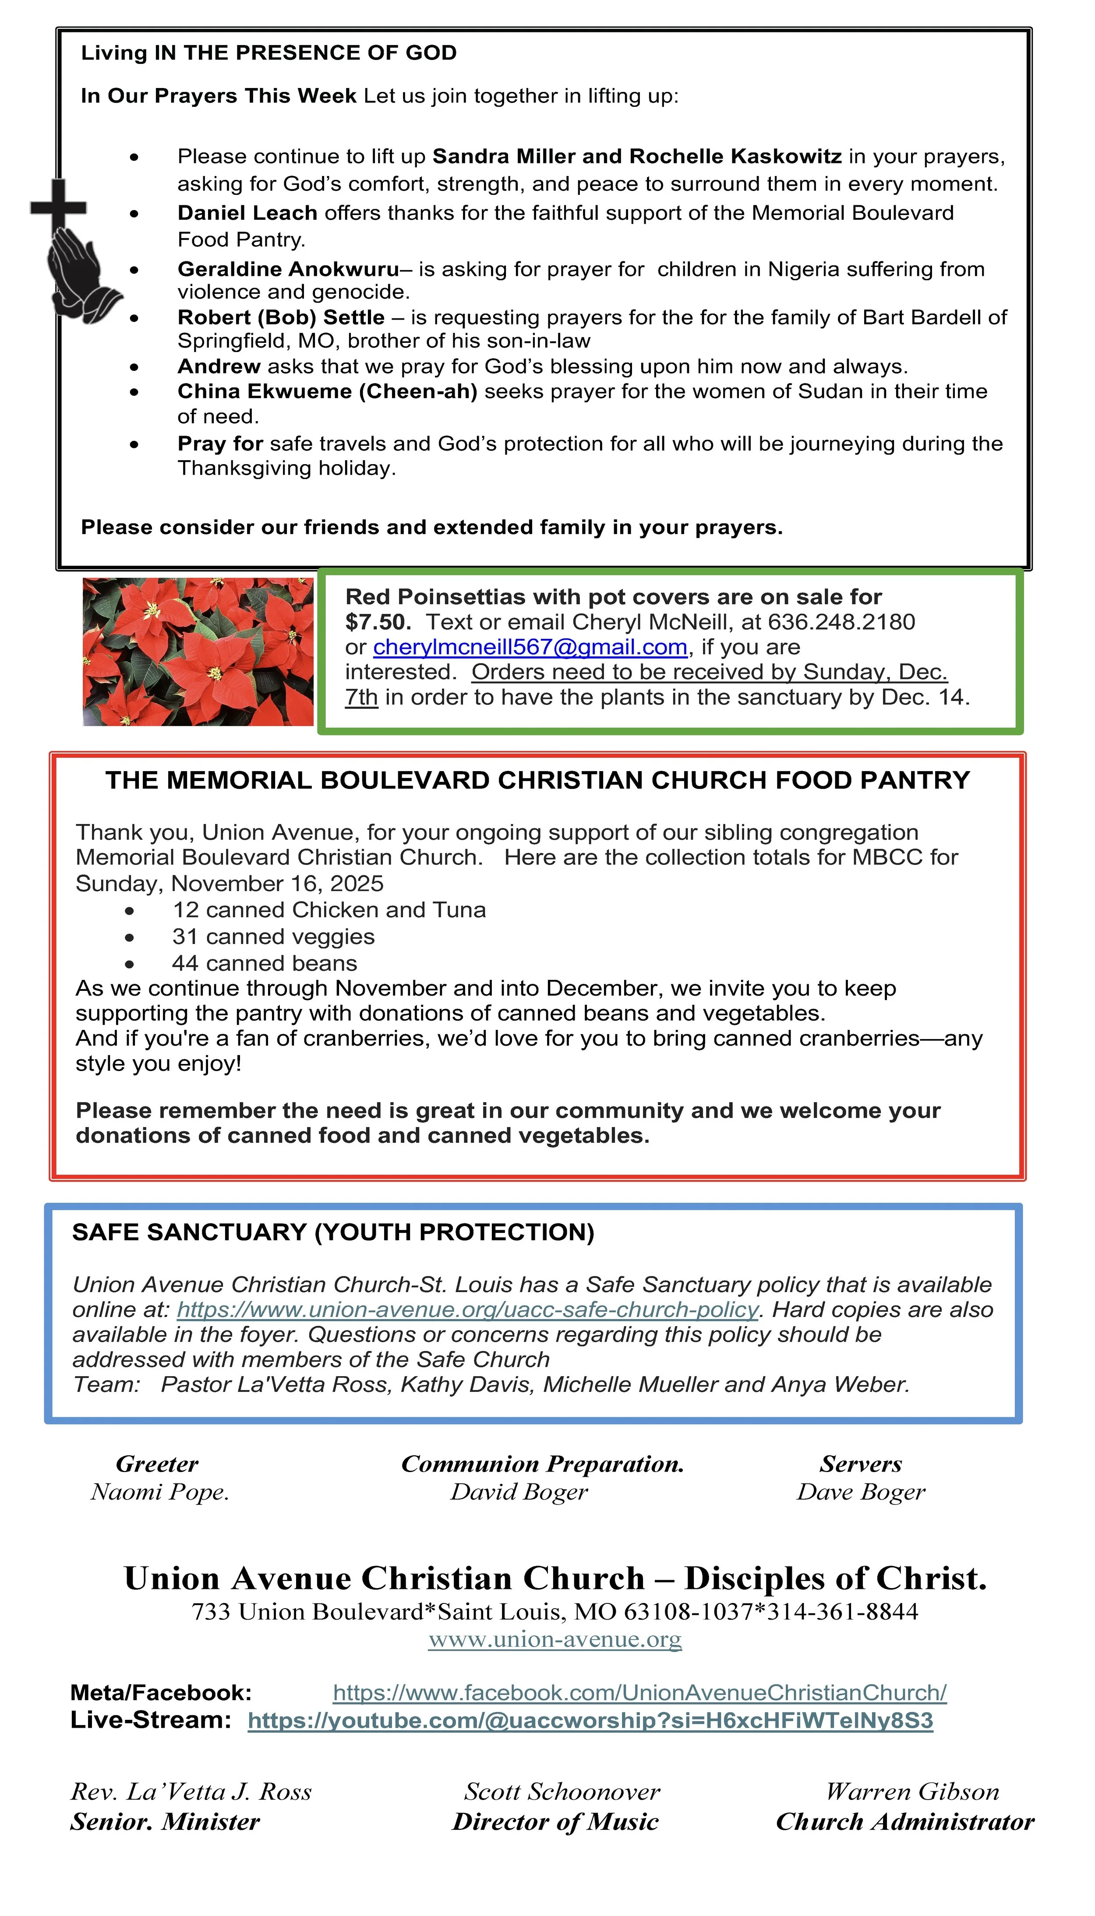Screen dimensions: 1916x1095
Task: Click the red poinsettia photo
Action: click(x=198, y=652)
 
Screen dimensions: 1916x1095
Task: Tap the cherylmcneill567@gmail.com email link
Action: click(x=530, y=647)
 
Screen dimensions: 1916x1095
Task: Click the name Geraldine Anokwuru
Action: click(x=288, y=269)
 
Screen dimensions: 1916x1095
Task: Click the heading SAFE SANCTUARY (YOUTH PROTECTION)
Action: click(x=333, y=1233)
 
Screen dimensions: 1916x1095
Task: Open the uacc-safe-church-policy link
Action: click(x=467, y=1310)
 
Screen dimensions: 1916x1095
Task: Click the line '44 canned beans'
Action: click(x=264, y=964)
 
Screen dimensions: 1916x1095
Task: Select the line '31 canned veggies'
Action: click(x=273, y=937)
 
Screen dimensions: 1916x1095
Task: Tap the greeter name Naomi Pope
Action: click(x=159, y=1492)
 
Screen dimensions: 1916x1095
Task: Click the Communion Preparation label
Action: click(x=542, y=1464)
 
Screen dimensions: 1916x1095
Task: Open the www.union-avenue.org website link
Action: click(x=555, y=1639)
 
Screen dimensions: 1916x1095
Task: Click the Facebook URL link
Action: click(x=639, y=1693)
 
